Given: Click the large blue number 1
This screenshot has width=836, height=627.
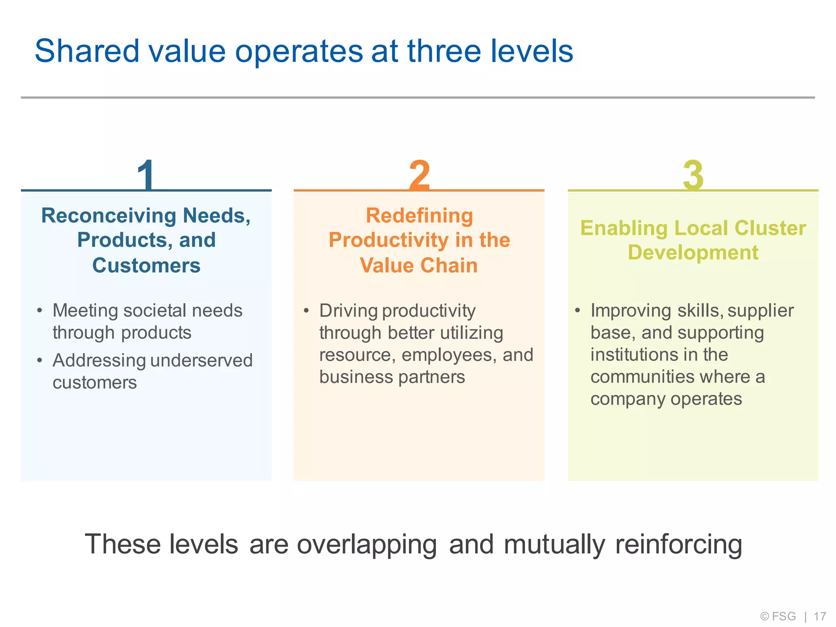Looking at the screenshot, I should point(146,175).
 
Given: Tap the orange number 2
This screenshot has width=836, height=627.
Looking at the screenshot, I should point(419,175).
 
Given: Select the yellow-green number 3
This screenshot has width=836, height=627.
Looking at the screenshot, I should point(693,175).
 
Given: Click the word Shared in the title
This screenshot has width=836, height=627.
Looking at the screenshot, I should point(87,51).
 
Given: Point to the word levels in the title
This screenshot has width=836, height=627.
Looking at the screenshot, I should point(531,51).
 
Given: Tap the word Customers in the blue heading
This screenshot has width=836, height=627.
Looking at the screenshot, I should point(146,265).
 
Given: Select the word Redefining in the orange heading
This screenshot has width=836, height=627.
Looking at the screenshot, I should point(419,216).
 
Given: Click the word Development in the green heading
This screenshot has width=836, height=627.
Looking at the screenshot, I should point(693,253).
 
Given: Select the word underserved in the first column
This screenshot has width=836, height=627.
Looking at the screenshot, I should point(202,360).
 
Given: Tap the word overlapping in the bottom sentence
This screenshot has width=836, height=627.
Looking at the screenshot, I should point(367,545).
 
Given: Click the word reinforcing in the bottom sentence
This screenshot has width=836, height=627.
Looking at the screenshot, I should point(678,545).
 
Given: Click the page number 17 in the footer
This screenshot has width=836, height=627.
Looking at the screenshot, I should point(820,616).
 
